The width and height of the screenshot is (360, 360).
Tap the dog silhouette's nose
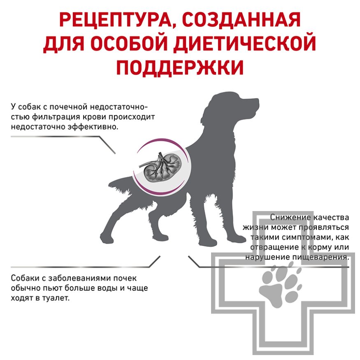click(x=259, y=101)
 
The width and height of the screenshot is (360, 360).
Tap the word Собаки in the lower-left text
click(x=23, y=278)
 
